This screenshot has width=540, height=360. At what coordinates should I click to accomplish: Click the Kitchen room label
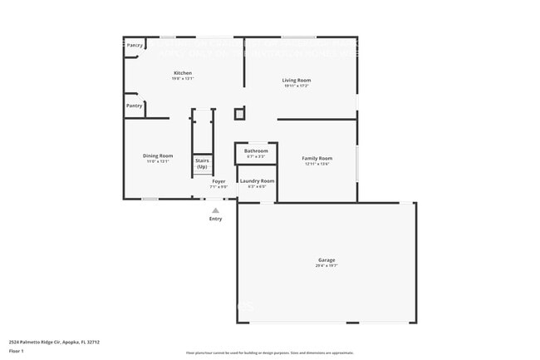click(183, 73)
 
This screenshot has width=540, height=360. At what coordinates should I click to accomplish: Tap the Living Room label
click(297, 80)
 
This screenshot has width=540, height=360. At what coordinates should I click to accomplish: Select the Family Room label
click(317, 158)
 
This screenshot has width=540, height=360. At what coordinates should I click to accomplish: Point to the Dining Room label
click(159, 155)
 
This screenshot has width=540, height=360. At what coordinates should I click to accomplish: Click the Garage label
click(326, 260)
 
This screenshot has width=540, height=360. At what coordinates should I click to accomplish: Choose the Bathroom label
click(256, 150)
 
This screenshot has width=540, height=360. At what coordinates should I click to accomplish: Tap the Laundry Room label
click(257, 180)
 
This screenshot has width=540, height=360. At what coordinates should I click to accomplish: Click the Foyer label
click(218, 180)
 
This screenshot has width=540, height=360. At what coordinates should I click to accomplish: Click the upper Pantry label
click(135, 45)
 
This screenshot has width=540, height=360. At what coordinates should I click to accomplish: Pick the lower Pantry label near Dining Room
click(134, 106)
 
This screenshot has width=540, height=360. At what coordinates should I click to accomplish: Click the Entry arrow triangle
click(215, 210)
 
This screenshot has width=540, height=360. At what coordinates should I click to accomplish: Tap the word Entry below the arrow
click(215, 219)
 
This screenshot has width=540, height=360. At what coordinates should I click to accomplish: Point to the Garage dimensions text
click(326, 266)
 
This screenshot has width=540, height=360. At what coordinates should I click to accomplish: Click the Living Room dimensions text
click(297, 86)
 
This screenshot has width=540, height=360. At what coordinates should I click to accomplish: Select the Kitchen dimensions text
click(183, 79)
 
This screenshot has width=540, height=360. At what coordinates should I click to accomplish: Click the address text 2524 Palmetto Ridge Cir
click(49, 341)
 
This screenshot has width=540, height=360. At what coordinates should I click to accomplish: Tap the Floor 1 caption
click(17, 351)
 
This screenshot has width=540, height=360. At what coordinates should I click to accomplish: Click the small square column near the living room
click(240, 113)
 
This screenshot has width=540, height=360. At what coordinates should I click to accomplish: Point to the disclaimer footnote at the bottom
click(269, 353)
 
